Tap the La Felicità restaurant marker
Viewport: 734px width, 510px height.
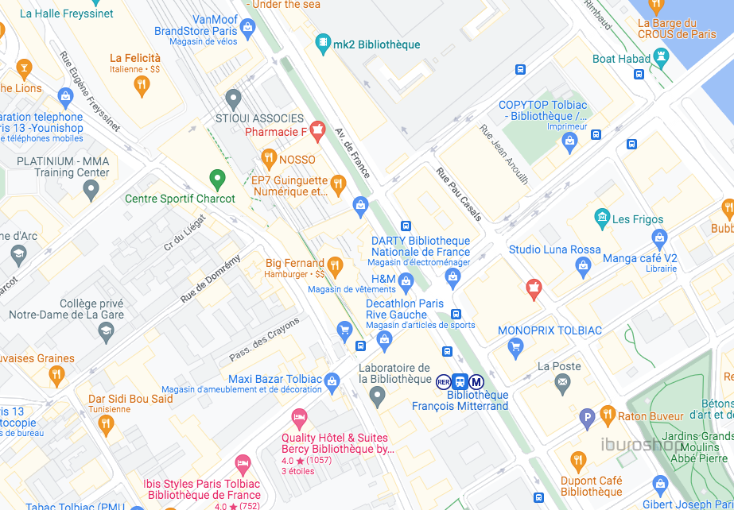coord(142,85)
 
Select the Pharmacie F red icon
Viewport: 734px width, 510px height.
coord(317,129)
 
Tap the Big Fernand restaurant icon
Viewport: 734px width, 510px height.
coord(336,265)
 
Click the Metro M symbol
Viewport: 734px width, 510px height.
coord(476,381)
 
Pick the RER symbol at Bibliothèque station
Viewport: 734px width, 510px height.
coord(444,381)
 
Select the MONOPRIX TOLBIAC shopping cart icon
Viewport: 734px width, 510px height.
coord(515,346)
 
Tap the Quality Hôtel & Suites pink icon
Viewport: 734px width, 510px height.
coord(299,417)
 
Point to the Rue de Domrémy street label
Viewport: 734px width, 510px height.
coord(210,280)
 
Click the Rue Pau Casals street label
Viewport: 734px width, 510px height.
coord(459,195)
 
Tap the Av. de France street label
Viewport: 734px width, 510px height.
coord(353,153)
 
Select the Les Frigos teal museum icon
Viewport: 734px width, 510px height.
coord(602,217)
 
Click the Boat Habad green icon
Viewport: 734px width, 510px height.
coord(662,57)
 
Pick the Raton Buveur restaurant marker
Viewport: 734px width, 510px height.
coord(608,415)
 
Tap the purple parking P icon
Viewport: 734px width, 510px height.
coord(588,416)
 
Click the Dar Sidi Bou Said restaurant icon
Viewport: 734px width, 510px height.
coord(106,425)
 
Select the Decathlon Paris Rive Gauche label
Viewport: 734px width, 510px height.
coord(406,309)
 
